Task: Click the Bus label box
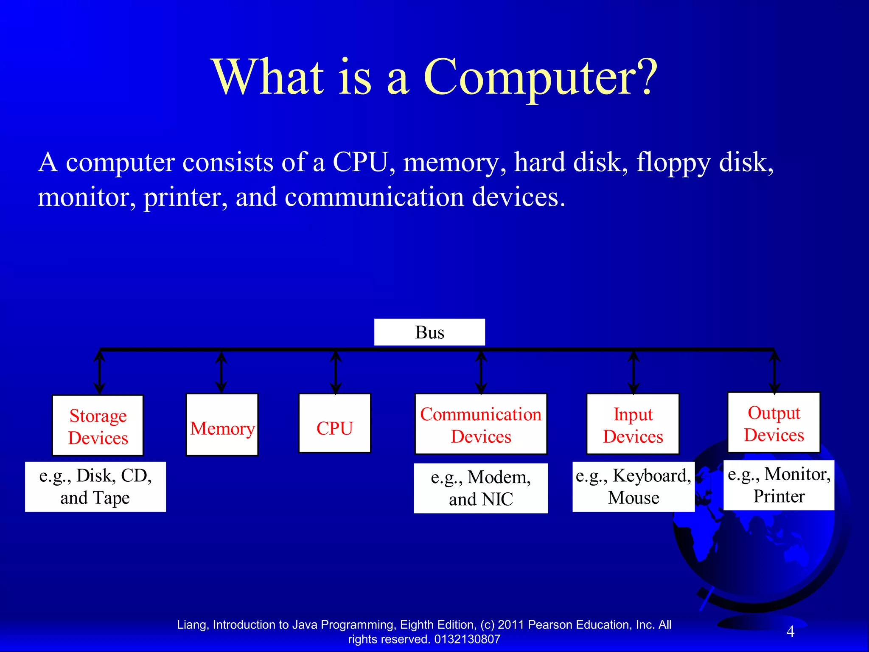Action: pyautogui.click(x=429, y=332)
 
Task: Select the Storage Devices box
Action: pyautogui.click(x=98, y=425)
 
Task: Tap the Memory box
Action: pyautogui.click(x=222, y=424)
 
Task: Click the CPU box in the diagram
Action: pyautogui.click(x=334, y=423)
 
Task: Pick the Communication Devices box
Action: pyautogui.click(x=481, y=424)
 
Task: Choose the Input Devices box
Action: pyautogui.click(x=633, y=424)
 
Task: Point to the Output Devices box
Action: pyautogui.click(x=774, y=423)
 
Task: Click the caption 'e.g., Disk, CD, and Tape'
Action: pyautogui.click(x=95, y=486)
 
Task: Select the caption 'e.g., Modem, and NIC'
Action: pyautogui.click(x=481, y=488)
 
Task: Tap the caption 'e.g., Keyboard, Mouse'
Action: pyautogui.click(x=633, y=486)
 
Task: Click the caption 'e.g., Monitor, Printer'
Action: pyautogui.click(x=779, y=485)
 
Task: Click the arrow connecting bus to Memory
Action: pyautogui.click(x=221, y=372)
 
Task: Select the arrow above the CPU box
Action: pyautogui.click(x=336, y=372)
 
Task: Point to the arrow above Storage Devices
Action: pyautogui.click(x=100, y=372)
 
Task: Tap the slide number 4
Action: pyautogui.click(x=790, y=632)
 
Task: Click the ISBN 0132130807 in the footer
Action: pyautogui.click(x=467, y=639)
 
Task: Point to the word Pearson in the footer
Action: pyautogui.click(x=550, y=625)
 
